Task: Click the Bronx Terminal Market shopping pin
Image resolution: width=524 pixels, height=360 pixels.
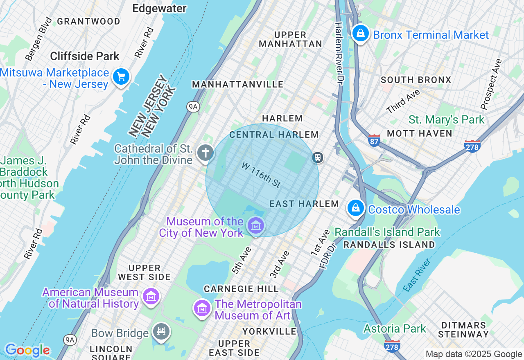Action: click(361, 34)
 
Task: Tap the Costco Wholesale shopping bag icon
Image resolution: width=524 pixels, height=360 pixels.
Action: click(356, 208)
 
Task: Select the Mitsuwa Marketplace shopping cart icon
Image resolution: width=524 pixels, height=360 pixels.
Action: click(121, 76)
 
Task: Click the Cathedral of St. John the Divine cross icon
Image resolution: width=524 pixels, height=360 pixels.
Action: click(205, 153)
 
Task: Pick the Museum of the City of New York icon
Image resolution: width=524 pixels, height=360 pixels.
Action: click(256, 225)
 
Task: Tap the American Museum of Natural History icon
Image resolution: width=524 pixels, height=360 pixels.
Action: click(151, 297)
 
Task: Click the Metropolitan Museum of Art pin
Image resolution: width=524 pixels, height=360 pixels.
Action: click(202, 308)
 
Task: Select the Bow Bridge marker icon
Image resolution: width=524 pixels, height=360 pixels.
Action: click(161, 331)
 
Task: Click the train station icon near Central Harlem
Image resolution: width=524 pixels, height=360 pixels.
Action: click(317, 157)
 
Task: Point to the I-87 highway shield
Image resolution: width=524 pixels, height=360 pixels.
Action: click(374, 140)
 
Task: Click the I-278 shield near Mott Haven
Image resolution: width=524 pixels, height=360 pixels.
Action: click(472, 146)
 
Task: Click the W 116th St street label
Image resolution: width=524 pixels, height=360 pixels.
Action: click(261, 175)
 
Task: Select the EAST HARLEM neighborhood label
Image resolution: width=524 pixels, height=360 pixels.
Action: click(304, 204)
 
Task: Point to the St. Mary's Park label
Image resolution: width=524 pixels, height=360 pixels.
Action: click(446, 120)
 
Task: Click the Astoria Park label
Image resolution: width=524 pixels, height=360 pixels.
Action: click(395, 328)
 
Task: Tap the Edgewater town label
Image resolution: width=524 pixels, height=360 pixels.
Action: click(159, 8)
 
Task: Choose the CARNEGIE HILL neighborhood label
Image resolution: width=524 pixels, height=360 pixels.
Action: click(241, 289)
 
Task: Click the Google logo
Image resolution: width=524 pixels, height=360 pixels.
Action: click(27, 351)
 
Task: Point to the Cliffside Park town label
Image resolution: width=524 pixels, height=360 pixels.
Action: click(85, 56)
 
